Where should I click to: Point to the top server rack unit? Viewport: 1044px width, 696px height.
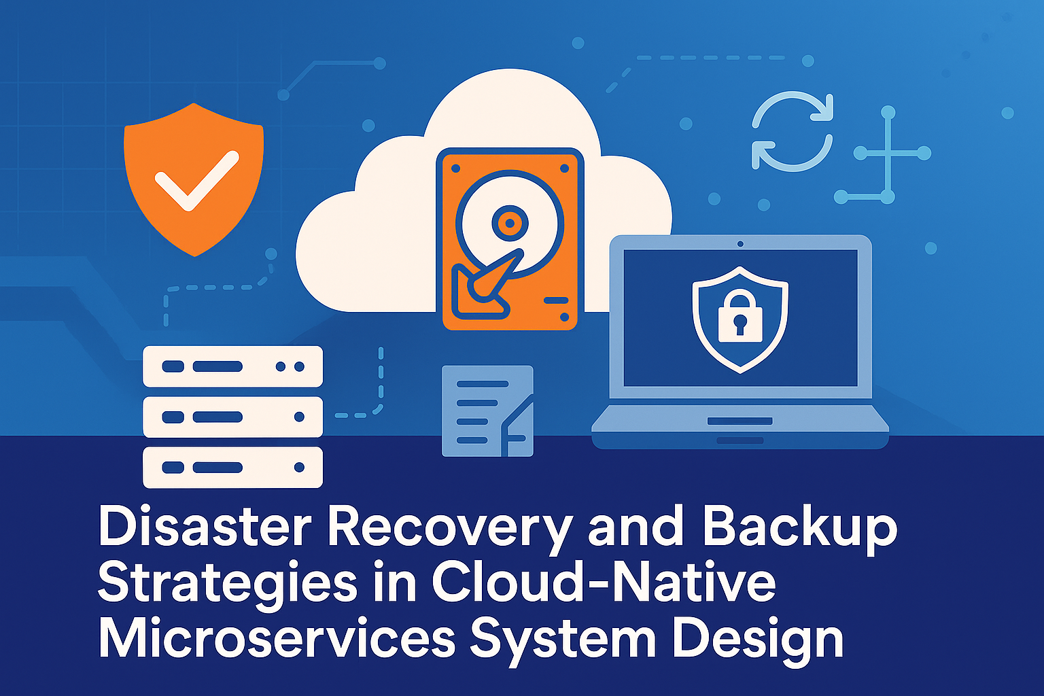232,366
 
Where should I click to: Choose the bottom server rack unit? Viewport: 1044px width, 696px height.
232,468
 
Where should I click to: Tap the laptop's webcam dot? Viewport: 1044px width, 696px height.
740,243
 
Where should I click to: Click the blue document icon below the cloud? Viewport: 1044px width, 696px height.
487,411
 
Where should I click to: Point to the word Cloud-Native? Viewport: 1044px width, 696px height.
603,582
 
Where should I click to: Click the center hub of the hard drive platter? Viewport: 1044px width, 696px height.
508,222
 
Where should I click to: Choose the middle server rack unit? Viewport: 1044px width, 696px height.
232,417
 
